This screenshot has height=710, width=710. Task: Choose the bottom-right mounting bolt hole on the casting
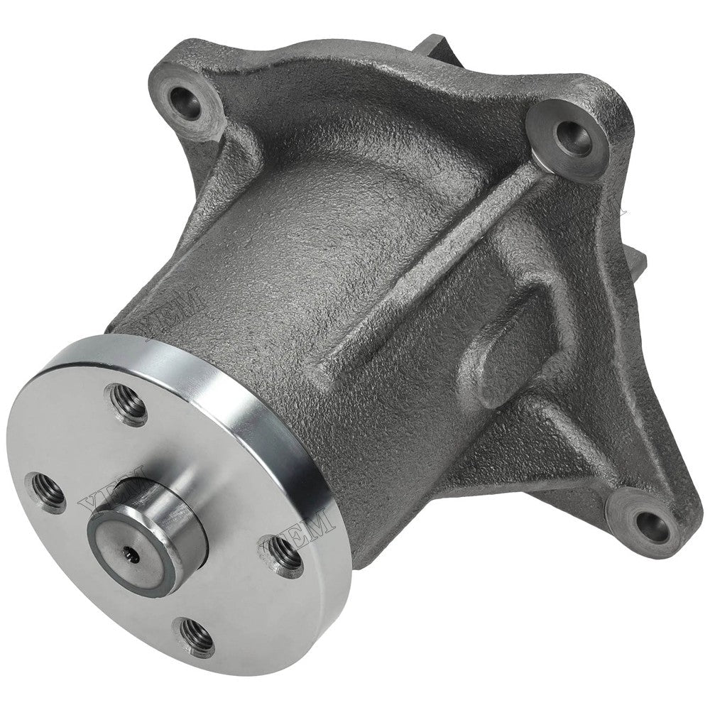click(650, 523)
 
